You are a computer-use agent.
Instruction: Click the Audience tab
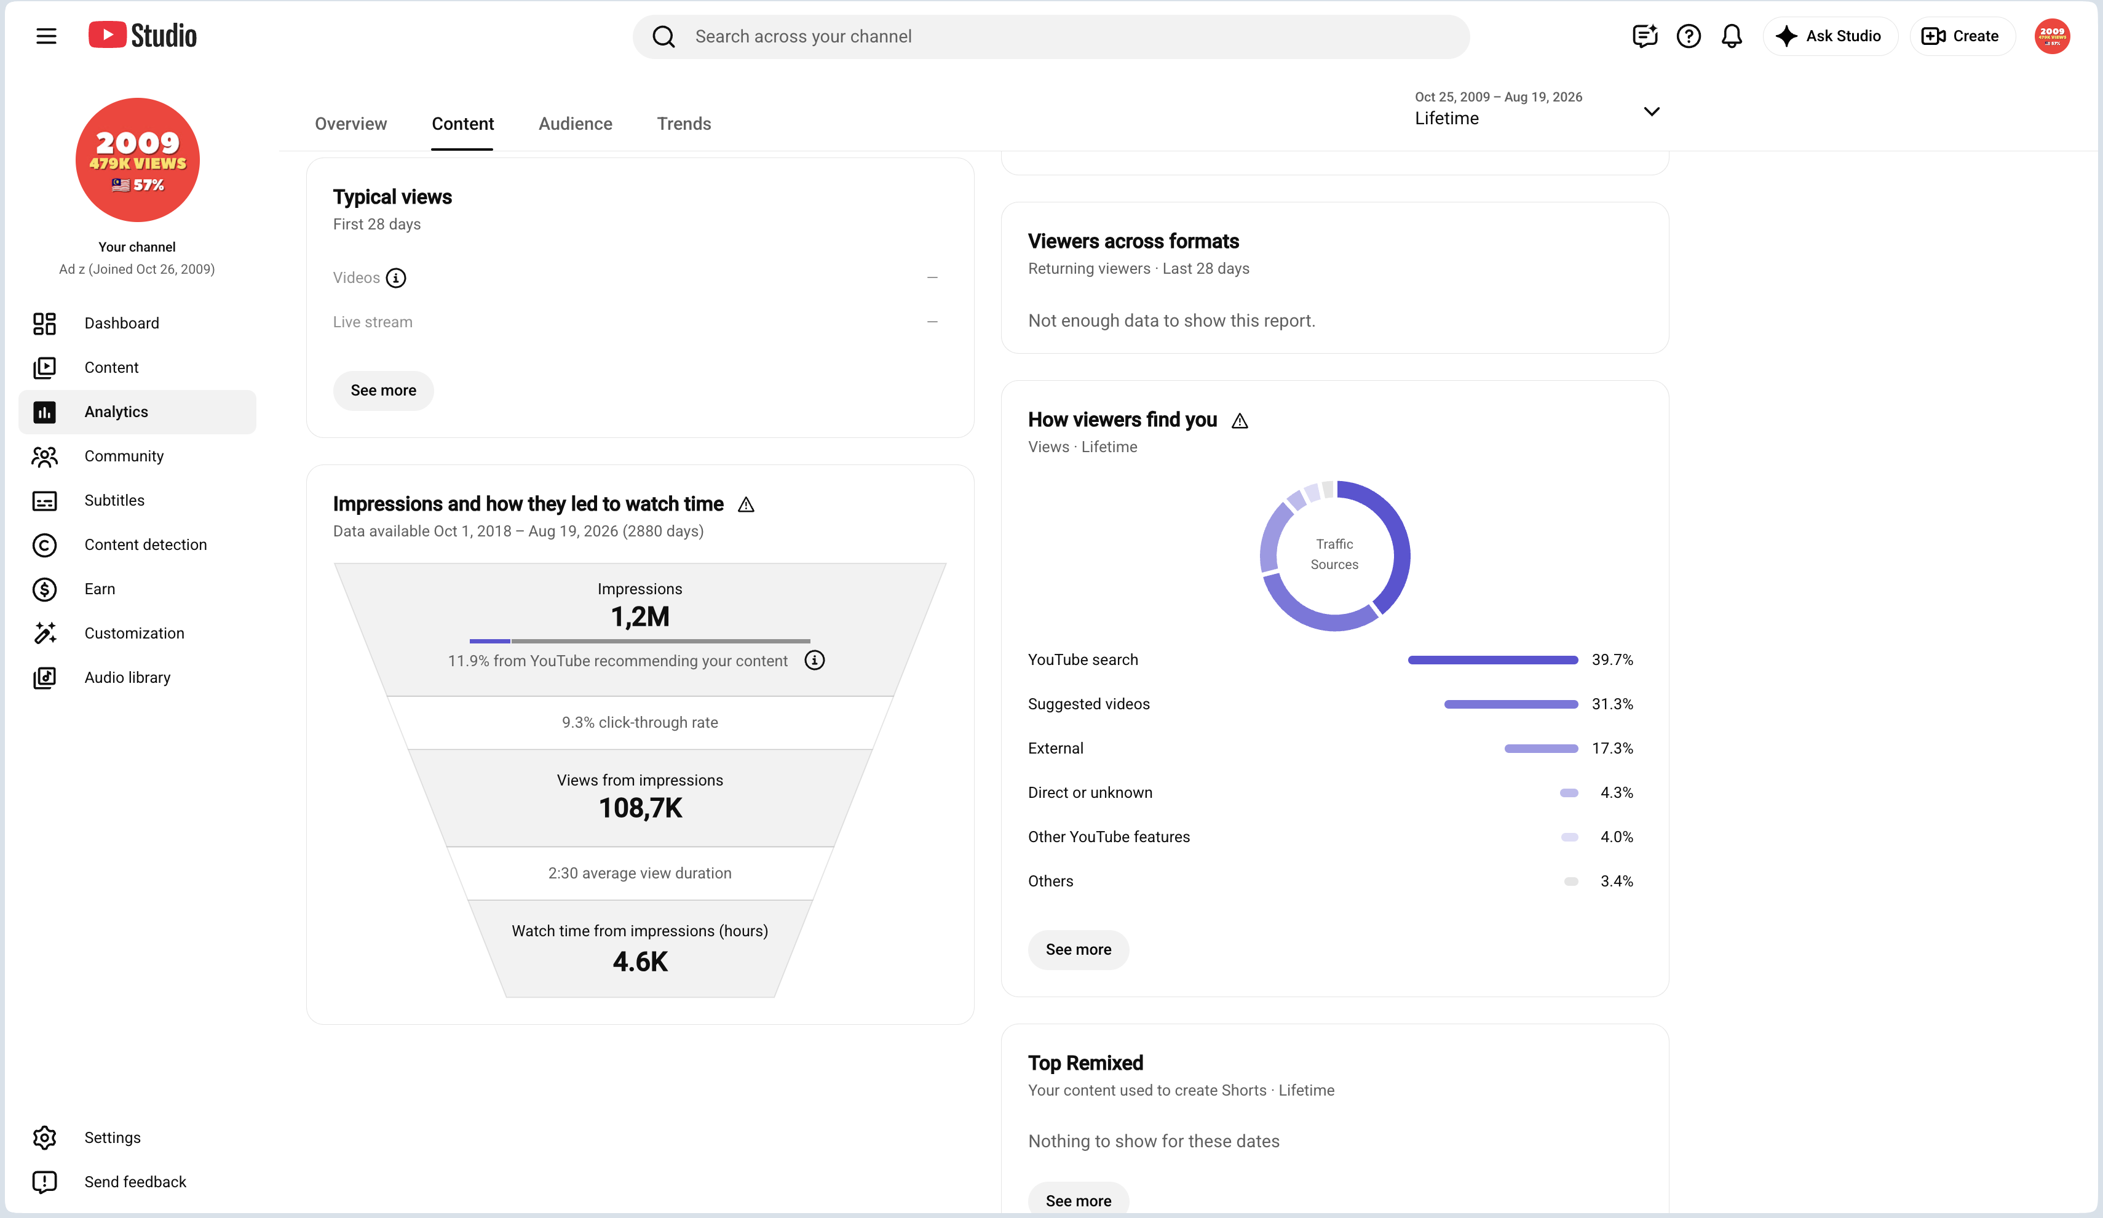(575, 124)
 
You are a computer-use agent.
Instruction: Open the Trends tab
(684, 124)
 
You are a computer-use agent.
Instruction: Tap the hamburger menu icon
(47, 36)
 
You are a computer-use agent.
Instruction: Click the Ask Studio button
(1830, 36)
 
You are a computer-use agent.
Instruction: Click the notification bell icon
(1732, 36)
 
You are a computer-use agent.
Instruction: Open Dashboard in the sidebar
(121, 323)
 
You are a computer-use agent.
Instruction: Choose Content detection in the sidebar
(145, 544)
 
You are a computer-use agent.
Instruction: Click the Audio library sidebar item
(127, 677)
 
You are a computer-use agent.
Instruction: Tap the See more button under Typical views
(383, 390)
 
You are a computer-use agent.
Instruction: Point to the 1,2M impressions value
(640, 616)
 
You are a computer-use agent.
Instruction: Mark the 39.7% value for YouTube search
(1612, 659)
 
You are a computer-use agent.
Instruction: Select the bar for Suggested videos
(1510, 704)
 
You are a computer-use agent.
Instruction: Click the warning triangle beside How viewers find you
(1240, 421)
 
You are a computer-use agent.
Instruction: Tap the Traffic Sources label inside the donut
(1334, 554)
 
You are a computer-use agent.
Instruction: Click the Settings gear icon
(44, 1137)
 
